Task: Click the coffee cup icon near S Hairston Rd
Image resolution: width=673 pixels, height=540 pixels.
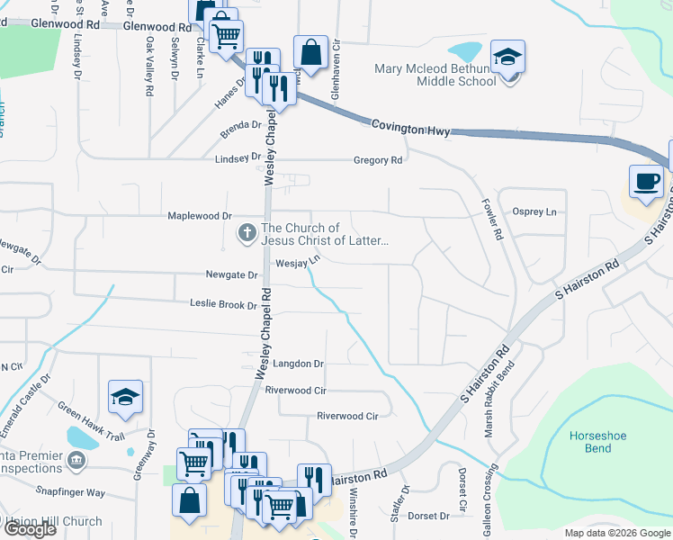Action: pyautogui.click(x=647, y=181)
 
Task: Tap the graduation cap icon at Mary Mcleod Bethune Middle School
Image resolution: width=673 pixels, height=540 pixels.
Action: pyautogui.click(x=507, y=57)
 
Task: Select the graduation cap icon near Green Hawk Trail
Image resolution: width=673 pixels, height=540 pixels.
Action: pyautogui.click(x=125, y=396)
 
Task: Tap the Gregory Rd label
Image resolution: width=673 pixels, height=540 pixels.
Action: pyautogui.click(x=378, y=160)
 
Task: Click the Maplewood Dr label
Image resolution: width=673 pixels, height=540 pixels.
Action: pyautogui.click(x=200, y=216)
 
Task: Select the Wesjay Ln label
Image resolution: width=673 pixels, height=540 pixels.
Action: pyautogui.click(x=298, y=263)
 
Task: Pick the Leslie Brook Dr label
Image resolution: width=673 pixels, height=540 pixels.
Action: pyautogui.click(x=223, y=305)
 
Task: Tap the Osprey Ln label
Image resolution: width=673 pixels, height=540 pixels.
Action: pyautogui.click(x=534, y=211)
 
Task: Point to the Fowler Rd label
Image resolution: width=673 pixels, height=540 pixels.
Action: pyautogui.click(x=491, y=219)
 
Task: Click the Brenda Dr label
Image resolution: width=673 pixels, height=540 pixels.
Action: pyautogui.click(x=241, y=130)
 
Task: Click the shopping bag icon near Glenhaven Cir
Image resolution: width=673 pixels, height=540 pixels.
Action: pyautogui.click(x=310, y=52)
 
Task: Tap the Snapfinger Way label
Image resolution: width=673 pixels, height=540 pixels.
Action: pyautogui.click(x=71, y=493)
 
